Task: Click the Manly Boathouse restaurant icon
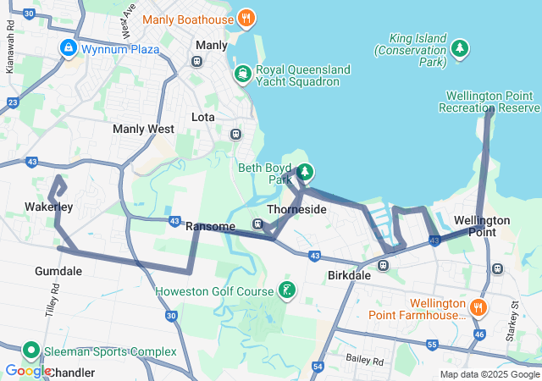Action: point(246,18)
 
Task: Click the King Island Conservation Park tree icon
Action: point(460,49)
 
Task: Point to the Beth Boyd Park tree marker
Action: point(304,173)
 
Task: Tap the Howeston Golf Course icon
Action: point(288,291)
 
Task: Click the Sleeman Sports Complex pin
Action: point(31,351)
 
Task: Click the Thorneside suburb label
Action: point(296,208)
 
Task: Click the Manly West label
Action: point(143,129)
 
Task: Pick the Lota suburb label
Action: point(203,117)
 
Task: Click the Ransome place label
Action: point(209,226)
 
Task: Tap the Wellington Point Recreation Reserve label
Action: point(489,102)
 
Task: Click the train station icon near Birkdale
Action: point(383,265)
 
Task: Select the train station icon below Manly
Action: point(197,61)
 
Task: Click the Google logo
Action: point(27,371)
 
